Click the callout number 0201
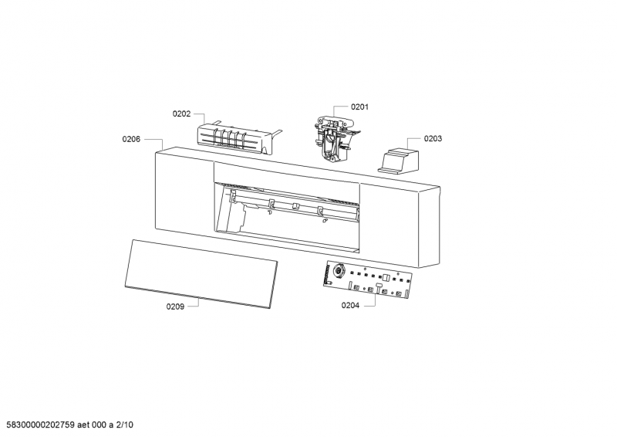pos(359,107)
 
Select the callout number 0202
pos(181,113)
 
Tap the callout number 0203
pos(433,138)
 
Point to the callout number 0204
pos(350,306)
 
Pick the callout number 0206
pos(131,139)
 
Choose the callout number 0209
pos(175,307)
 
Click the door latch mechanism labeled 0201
pos(335,138)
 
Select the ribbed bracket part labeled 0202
pos(235,139)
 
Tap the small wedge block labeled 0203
pos(399,161)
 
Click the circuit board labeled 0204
pos(368,280)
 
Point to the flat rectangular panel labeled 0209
pos(201,274)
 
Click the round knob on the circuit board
pos(338,271)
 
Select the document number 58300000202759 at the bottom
pos(41,425)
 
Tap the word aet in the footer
pos(83,425)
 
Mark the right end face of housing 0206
pos(429,226)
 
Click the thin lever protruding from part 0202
pos(278,134)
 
